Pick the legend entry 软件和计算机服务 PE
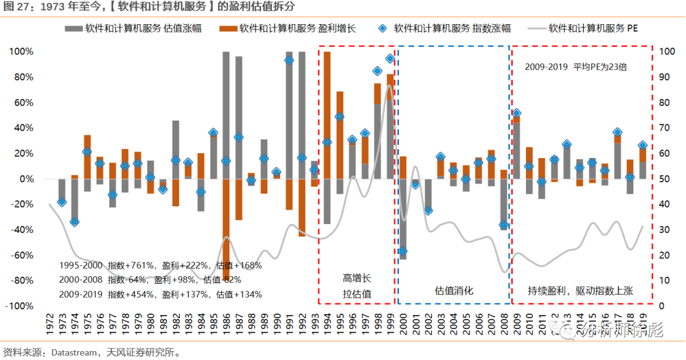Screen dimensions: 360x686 [x=593, y=29]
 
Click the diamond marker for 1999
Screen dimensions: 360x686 [x=390, y=59]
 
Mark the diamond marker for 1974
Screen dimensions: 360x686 [x=74, y=222]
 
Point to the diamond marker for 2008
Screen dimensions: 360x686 [x=504, y=225]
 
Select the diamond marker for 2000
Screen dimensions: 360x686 [x=403, y=251]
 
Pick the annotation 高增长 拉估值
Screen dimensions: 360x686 [x=356, y=286]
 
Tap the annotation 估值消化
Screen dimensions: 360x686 [x=454, y=291]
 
